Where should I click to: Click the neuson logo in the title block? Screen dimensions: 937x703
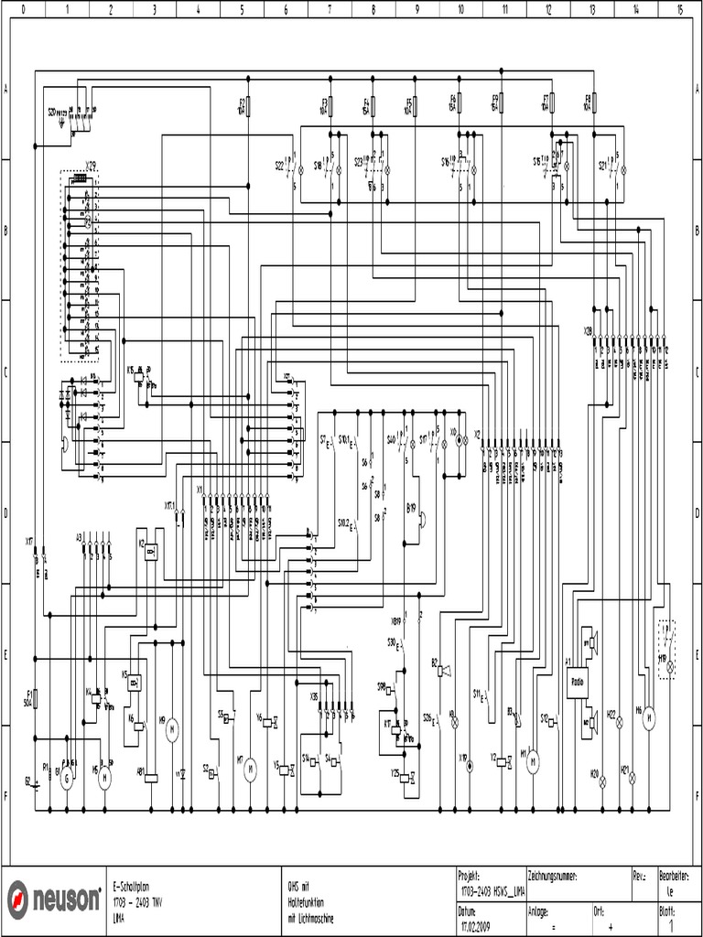[55, 900]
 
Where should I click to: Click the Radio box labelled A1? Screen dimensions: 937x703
[578, 682]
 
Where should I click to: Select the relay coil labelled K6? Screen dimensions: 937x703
[138, 727]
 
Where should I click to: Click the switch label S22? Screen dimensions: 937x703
[280, 166]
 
